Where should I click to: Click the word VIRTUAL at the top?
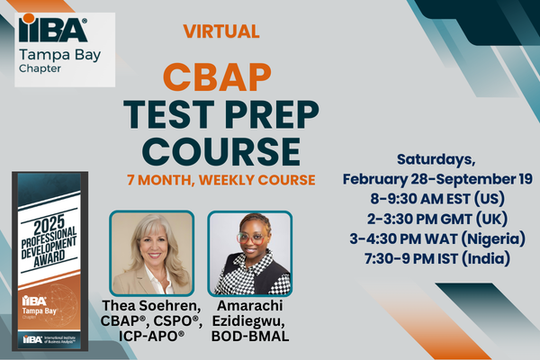point(220,31)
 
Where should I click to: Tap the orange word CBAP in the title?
point(220,75)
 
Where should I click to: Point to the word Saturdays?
point(437,159)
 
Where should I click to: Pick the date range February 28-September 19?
point(437,179)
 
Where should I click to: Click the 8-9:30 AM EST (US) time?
point(437,199)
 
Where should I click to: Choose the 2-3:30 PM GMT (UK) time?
point(437,219)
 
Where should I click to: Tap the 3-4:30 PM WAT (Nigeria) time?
point(437,238)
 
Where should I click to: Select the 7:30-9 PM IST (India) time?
point(437,259)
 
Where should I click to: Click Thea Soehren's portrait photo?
point(151,253)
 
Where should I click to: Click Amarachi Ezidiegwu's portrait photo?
point(249,253)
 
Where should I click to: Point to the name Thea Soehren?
point(151,307)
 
